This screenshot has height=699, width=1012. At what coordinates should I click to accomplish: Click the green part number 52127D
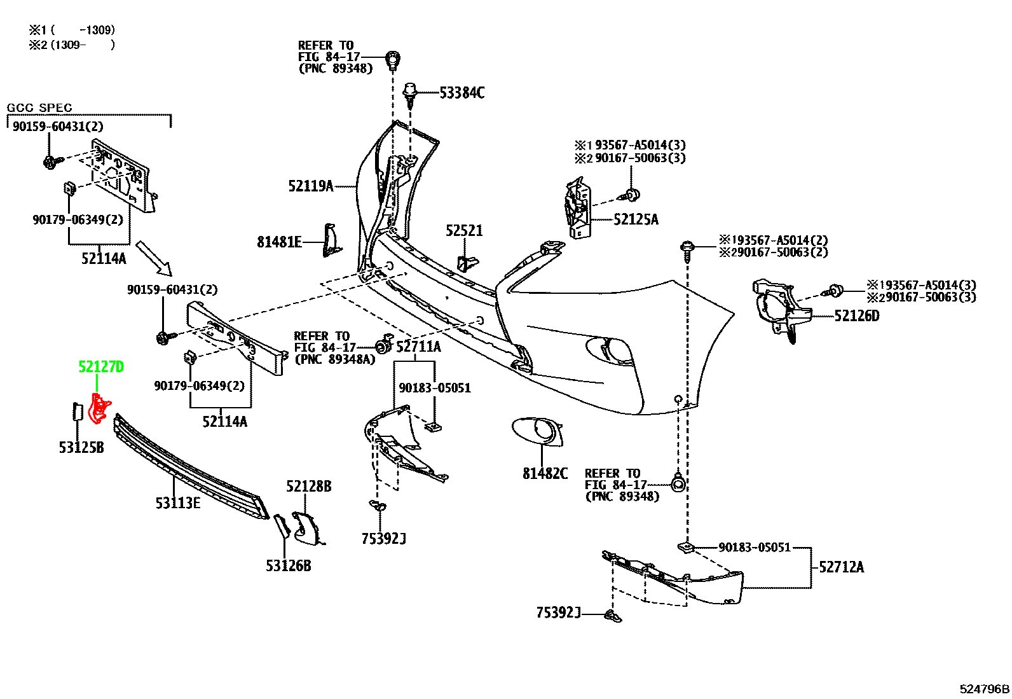point(100,367)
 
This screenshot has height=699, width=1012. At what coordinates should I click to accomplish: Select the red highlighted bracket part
point(99,408)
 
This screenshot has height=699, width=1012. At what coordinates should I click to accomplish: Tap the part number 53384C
point(462,93)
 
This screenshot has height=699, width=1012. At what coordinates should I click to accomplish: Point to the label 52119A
point(311,186)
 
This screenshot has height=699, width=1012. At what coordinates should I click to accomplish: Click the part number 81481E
point(279,242)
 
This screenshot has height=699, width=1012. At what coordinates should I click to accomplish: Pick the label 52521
point(464,231)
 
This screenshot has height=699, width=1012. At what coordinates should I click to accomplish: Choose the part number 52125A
point(636,219)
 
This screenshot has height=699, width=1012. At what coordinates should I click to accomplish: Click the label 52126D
point(857,315)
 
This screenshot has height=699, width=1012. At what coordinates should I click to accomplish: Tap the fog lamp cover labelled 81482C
point(537,433)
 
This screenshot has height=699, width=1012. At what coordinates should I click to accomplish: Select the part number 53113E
point(178,502)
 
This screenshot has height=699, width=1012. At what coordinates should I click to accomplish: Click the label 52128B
point(308,487)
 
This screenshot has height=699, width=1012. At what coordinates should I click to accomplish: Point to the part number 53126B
point(288,565)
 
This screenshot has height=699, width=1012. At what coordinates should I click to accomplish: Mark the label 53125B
point(81,448)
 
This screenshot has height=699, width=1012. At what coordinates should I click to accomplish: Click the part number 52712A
point(841,567)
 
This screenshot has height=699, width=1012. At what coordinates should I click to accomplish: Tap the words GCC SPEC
point(39,107)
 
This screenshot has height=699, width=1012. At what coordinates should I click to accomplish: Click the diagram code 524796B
point(985,689)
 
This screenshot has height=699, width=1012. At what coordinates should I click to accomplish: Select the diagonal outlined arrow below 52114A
point(154,258)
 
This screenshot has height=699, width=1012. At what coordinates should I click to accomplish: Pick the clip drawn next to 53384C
point(409,95)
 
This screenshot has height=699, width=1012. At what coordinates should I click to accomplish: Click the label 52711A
point(418,347)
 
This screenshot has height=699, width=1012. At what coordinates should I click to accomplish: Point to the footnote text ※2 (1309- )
point(72,45)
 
